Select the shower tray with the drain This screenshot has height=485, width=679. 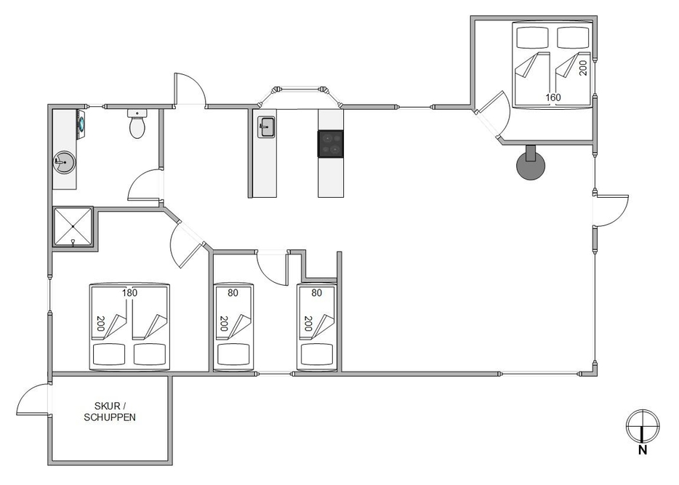point(73,227)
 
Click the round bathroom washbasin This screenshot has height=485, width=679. point(63,163)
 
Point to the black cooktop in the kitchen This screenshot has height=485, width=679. point(330,143)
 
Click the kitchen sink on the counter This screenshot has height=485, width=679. point(265,128)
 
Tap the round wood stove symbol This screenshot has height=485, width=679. point(531,166)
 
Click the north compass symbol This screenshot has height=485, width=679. point(643,425)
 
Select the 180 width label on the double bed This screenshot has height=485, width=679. point(129,293)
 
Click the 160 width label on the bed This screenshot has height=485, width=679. point(553,96)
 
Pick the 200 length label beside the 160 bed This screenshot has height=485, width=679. point(582,68)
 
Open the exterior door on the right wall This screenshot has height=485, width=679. point(611,211)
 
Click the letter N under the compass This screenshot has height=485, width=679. point(643,451)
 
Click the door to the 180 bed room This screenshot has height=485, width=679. point(185,245)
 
